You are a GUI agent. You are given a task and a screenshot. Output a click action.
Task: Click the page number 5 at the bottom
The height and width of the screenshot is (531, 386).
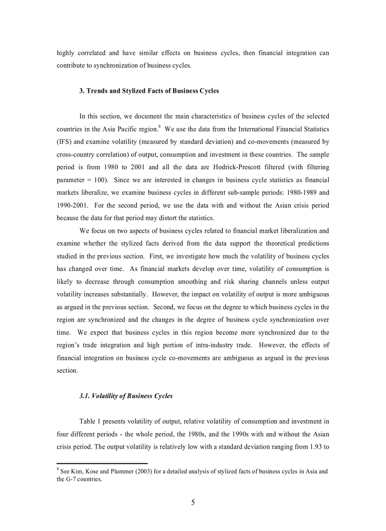point(193,503)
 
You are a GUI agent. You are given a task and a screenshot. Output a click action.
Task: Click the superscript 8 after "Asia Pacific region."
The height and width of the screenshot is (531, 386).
point(159,126)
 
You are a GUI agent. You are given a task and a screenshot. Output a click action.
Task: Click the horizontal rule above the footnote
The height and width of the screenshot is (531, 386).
point(102,463)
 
